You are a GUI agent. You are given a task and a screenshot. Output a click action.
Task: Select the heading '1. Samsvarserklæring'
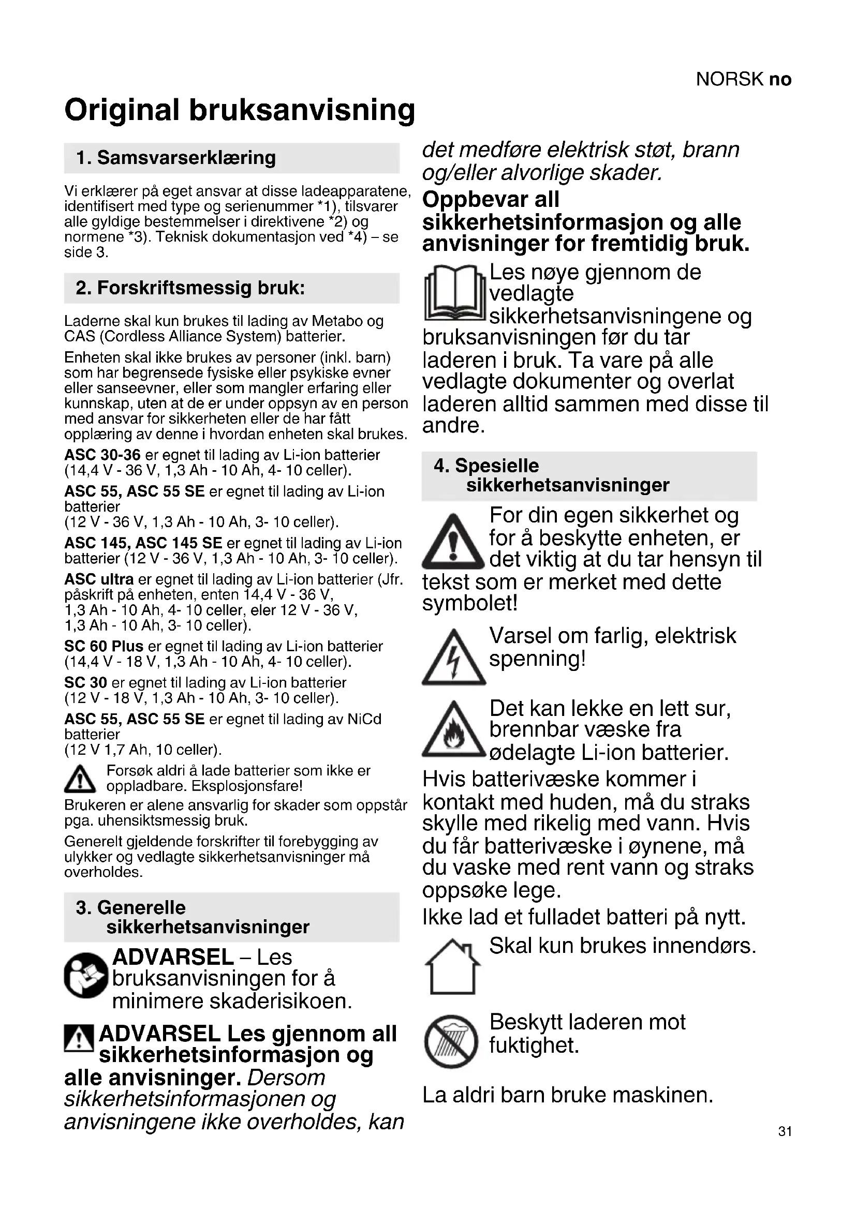(176, 158)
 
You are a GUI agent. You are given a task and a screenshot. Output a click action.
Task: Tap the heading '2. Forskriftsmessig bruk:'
(190, 288)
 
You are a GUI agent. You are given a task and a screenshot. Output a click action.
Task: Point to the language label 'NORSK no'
(743, 79)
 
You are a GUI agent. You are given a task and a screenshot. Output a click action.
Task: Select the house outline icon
(453, 967)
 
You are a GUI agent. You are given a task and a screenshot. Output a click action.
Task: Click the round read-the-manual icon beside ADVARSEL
(86, 976)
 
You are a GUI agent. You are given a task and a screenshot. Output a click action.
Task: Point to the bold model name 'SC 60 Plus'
(104, 646)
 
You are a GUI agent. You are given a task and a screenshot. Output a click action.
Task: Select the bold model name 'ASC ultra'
(99, 579)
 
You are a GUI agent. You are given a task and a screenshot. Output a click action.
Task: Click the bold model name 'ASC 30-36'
(102, 455)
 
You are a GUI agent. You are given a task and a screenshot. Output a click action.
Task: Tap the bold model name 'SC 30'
(85, 682)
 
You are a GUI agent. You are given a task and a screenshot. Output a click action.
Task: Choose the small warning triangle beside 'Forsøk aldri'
(80, 779)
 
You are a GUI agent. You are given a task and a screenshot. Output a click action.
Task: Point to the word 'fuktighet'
(534, 1045)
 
